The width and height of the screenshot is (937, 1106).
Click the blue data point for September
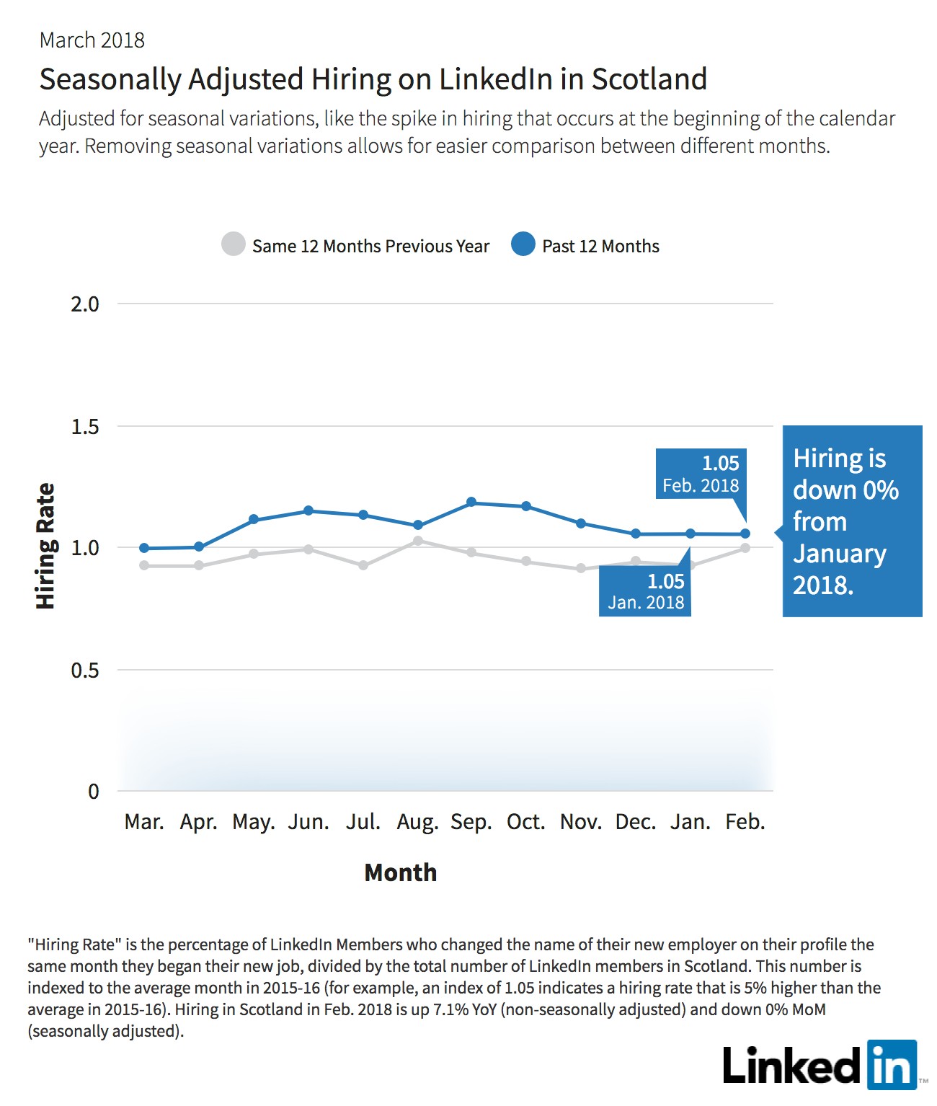click(x=471, y=502)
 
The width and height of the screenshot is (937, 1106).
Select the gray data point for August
click(x=418, y=541)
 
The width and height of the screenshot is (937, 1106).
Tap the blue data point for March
click(x=144, y=548)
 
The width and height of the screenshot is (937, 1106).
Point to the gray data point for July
click(x=363, y=565)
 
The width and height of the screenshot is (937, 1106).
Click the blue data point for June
click(x=308, y=510)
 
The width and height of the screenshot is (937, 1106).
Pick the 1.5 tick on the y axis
click(x=85, y=426)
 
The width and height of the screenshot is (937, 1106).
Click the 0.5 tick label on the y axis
click(x=85, y=670)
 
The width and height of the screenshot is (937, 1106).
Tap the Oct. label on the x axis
click(x=525, y=822)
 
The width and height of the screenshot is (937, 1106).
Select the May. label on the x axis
click(x=254, y=823)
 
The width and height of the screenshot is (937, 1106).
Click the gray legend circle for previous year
click(x=234, y=244)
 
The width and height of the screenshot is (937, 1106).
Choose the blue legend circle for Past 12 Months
click(x=523, y=244)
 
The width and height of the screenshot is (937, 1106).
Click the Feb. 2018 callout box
click(x=701, y=474)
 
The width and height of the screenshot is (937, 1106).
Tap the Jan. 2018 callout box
click(x=645, y=590)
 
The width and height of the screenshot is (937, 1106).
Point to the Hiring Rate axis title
click(x=45, y=546)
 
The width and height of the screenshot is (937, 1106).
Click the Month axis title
click(x=401, y=872)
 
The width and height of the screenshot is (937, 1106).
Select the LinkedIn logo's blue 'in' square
click(x=892, y=1064)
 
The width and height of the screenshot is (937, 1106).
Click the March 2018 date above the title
click(x=92, y=40)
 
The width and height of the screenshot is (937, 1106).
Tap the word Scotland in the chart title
click(x=649, y=79)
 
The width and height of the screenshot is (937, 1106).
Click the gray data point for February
click(x=745, y=548)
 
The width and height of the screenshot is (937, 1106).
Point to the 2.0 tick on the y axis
click(x=85, y=304)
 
